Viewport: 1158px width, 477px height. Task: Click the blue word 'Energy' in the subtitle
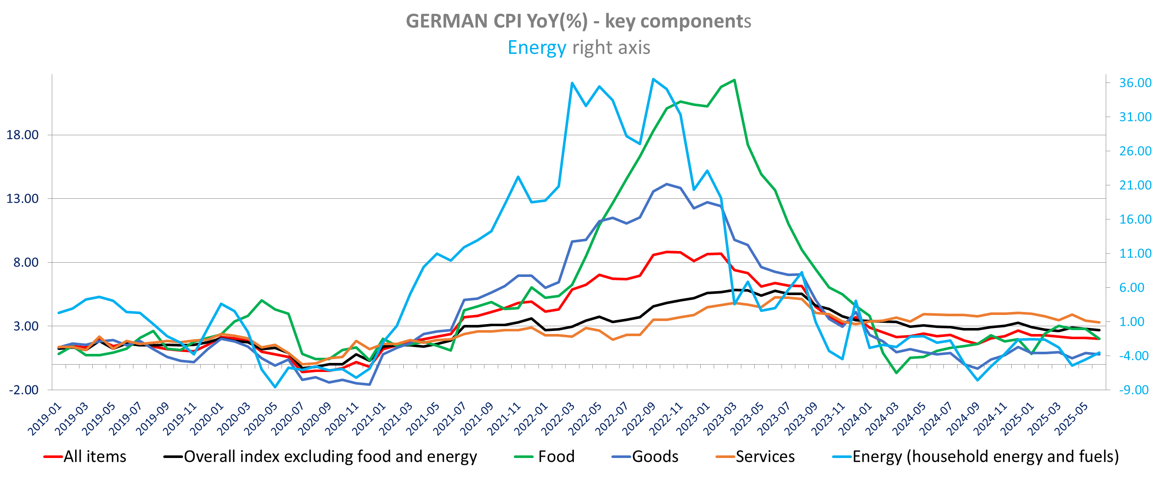(536, 48)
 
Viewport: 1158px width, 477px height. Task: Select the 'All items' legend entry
(95, 456)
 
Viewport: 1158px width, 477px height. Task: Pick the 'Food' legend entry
(556, 456)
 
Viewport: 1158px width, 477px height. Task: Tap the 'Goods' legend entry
(655, 456)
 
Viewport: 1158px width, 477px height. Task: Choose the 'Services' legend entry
(765, 456)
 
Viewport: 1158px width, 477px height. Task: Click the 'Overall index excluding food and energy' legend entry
(330, 456)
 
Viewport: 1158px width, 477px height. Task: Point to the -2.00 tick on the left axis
(24, 390)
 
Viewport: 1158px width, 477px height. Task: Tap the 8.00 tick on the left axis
(25, 262)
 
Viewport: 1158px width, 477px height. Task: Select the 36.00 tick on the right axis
(1135, 83)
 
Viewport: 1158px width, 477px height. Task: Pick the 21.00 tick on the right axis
(1135, 185)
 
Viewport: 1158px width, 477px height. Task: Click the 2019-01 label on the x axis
(45, 420)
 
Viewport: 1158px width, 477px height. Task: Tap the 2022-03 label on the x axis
(558, 420)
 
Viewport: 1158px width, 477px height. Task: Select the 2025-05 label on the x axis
(1072, 420)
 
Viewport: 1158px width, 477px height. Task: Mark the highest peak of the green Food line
(734, 80)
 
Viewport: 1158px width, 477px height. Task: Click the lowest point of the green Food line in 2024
(896, 372)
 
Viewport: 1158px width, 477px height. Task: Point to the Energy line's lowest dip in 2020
(275, 387)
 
